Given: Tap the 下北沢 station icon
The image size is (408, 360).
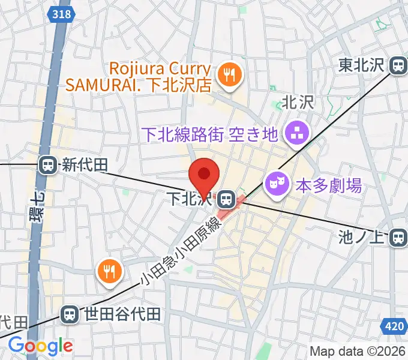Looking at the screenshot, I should click(226, 197).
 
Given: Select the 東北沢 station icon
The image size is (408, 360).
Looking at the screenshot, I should click(398, 66).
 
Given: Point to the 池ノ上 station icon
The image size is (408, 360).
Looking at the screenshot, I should click(398, 238).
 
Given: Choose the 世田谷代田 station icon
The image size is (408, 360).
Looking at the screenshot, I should click(70, 313).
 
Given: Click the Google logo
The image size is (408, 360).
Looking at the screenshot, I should click(40, 346).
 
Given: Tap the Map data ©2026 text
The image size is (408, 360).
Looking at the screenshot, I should click(358, 350).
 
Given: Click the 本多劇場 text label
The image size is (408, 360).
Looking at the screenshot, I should click(328, 186).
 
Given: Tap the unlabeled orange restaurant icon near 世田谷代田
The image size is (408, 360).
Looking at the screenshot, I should click(109, 273).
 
